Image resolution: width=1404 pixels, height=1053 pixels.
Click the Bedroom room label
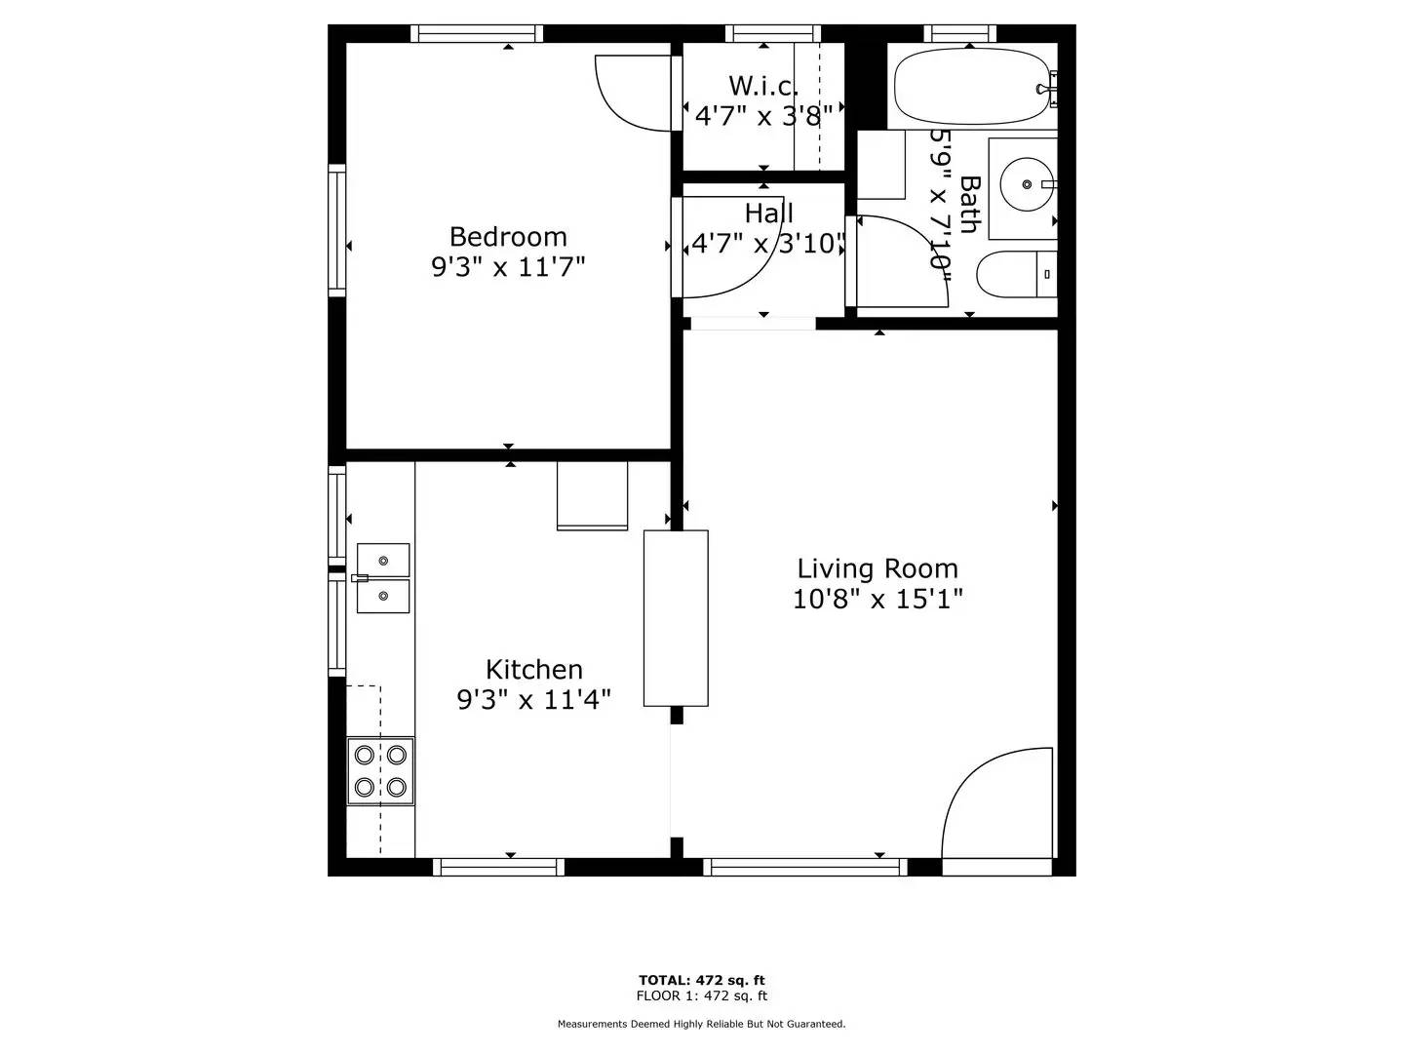(x=508, y=237)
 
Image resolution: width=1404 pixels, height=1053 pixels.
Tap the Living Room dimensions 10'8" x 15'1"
(x=877, y=599)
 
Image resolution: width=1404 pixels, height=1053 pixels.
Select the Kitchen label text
(x=534, y=670)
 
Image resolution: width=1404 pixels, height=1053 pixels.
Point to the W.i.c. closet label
(x=762, y=86)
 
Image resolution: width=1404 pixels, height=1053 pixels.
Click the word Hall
(x=768, y=214)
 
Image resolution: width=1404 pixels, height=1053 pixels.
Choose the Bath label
(x=968, y=205)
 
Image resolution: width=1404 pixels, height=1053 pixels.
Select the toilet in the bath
(x=1014, y=275)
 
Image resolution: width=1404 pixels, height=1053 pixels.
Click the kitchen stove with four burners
(x=380, y=770)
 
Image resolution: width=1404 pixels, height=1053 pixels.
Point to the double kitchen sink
(x=382, y=578)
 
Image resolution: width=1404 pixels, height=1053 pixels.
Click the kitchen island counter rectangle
(x=676, y=618)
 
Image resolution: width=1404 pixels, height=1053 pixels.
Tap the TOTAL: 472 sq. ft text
(x=701, y=980)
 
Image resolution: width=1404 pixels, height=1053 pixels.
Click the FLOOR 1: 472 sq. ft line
(x=701, y=995)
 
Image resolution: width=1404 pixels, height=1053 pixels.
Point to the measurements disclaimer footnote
(x=701, y=1024)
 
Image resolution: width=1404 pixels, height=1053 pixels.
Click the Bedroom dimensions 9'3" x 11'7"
(x=508, y=266)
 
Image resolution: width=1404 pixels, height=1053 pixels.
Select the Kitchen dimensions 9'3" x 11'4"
(x=534, y=699)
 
